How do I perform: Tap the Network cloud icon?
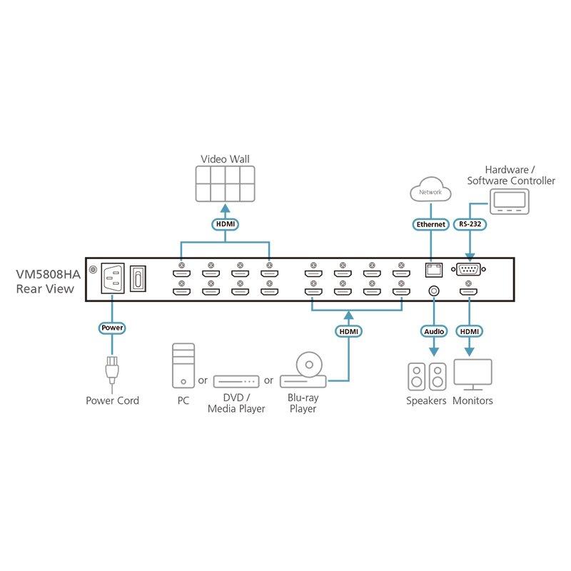click(x=430, y=192)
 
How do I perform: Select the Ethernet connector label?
click(x=430, y=224)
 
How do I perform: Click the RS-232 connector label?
click(x=470, y=224)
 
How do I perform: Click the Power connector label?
click(x=112, y=328)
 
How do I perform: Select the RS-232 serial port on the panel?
click(x=470, y=269)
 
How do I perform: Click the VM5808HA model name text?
click(x=47, y=273)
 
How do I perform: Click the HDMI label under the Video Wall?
click(x=225, y=224)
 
